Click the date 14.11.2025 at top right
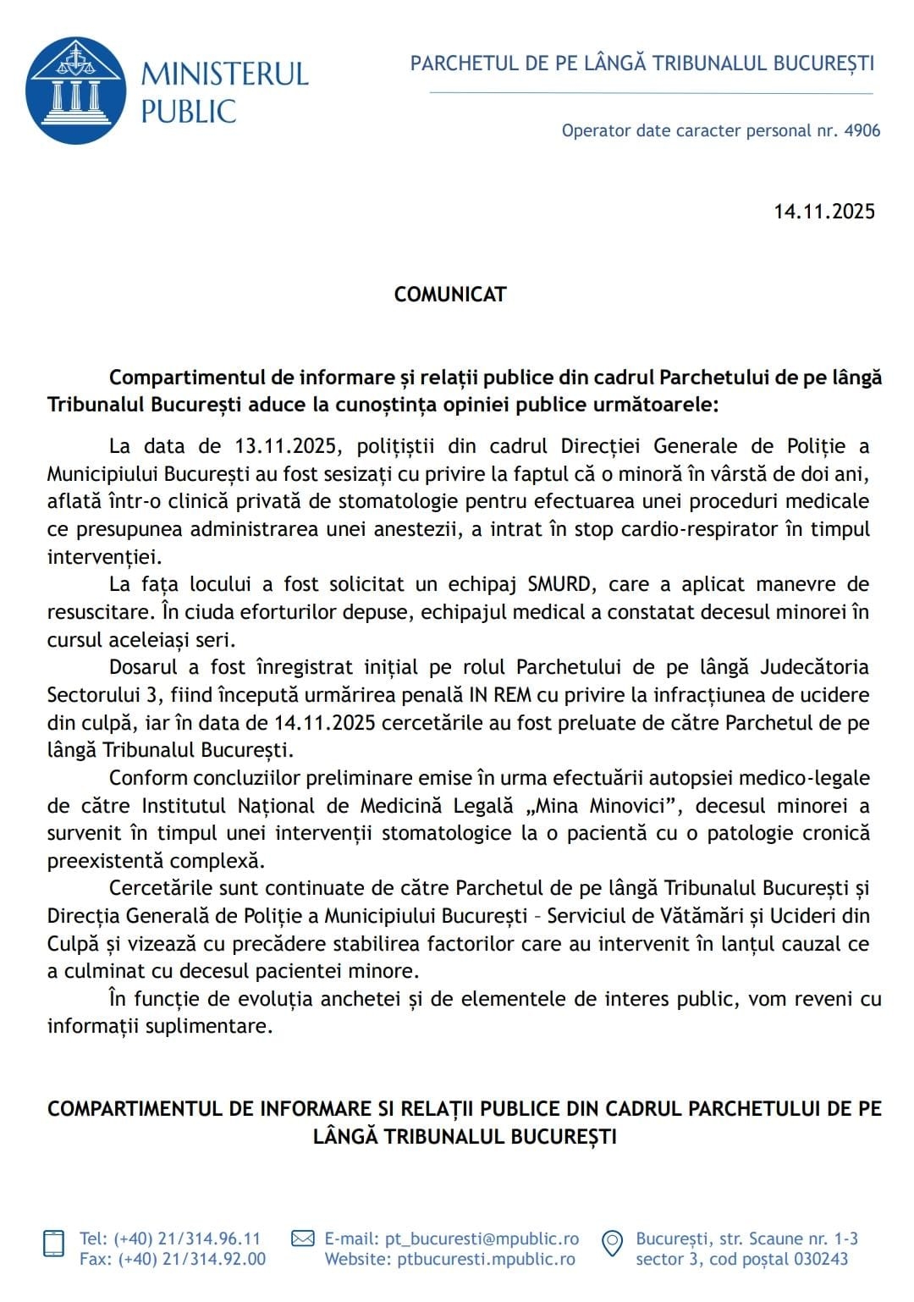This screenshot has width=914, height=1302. pyautogui.click(x=823, y=212)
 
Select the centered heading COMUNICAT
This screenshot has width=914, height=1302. pyautogui.click(x=450, y=295)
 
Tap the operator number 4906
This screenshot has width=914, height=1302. pyautogui.click(x=862, y=130)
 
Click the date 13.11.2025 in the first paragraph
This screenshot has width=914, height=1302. pyautogui.click(x=280, y=446)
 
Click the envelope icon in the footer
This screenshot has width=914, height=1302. pyautogui.click(x=302, y=1239)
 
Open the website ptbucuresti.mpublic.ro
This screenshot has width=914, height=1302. pyautogui.click(x=487, y=1260)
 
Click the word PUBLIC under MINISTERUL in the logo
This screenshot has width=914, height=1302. pyautogui.click(x=188, y=111)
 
